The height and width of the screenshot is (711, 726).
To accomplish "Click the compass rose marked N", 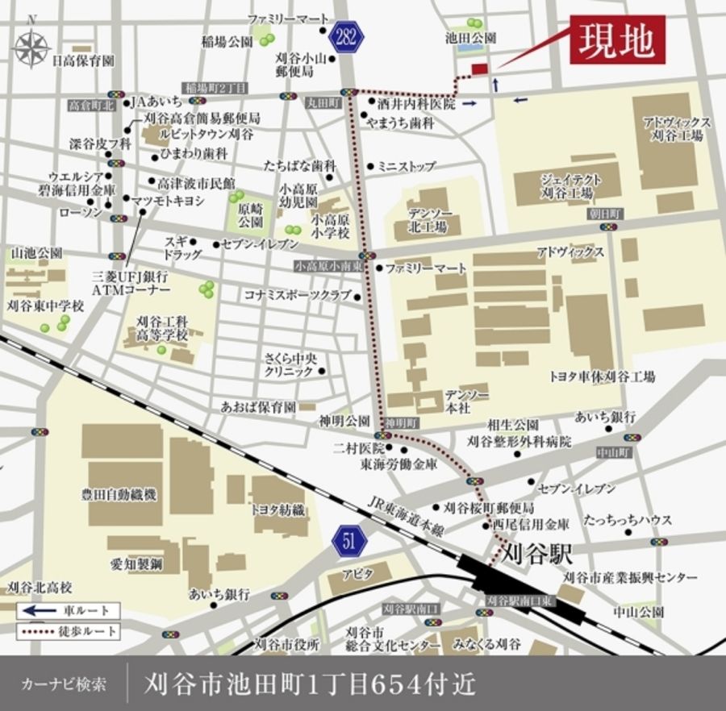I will click(x=31, y=46).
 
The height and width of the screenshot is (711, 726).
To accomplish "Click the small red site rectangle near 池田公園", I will click(x=479, y=69).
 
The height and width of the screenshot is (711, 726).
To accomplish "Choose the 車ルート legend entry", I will click(x=69, y=610).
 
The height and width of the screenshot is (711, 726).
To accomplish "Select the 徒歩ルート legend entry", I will click(x=69, y=630).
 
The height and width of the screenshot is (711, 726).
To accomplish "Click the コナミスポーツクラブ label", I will click(x=298, y=296).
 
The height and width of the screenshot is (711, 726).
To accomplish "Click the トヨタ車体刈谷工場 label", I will click(x=602, y=376).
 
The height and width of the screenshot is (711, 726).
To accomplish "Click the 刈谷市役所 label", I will click(x=288, y=644).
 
